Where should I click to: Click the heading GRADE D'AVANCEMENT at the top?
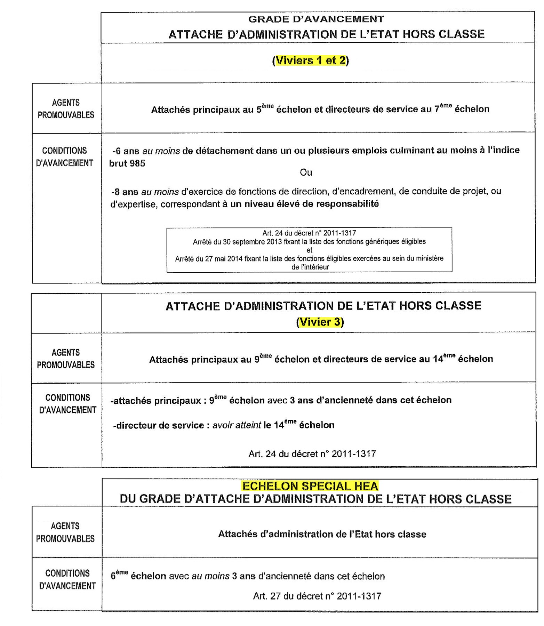(x=316, y=19)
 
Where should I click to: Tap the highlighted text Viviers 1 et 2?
(x=311, y=61)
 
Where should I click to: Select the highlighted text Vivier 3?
(x=320, y=322)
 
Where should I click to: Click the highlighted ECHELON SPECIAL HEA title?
(x=310, y=486)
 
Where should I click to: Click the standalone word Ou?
(x=306, y=172)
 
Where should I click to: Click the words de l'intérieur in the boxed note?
(x=310, y=267)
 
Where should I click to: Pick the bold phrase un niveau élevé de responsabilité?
(x=304, y=204)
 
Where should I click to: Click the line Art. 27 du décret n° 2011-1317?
(x=317, y=596)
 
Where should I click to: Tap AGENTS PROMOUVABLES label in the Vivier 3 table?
(x=66, y=359)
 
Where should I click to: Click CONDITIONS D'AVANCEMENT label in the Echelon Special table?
(x=67, y=579)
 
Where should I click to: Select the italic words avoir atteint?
(x=237, y=425)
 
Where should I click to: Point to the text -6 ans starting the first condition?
(x=126, y=151)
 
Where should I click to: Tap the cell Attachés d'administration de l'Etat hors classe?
(x=322, y=534)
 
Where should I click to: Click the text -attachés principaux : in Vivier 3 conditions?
(x=156, y=401)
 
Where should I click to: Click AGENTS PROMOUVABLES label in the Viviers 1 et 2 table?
(x=66, y=109)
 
